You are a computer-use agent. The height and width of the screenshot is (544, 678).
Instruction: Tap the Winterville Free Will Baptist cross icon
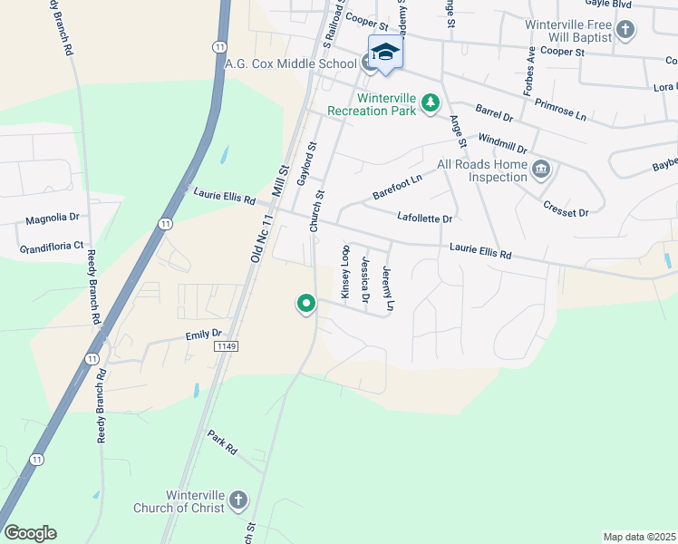point(625,31)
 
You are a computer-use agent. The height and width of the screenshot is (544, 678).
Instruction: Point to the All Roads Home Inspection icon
point(541,170)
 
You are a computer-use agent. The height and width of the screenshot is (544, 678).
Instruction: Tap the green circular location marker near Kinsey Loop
point(306,304)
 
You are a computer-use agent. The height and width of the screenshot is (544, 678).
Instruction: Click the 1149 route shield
point(227,346)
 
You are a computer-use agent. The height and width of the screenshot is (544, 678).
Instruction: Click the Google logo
point(30,533)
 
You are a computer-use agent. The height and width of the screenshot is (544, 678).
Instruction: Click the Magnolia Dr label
point(53,219)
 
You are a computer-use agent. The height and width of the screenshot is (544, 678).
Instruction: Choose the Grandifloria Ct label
point(53,246)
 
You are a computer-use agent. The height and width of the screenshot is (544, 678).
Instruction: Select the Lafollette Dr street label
point(424,218)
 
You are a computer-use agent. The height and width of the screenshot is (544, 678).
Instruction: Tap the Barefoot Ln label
point(397,187)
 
